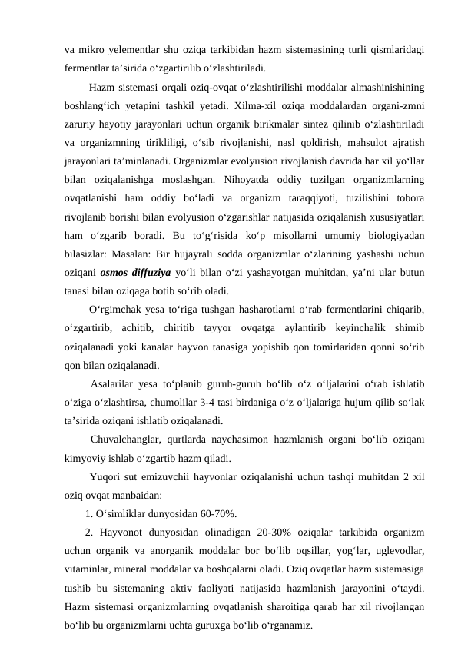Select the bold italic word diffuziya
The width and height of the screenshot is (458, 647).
pyautogui.click(x=171, y=274)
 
